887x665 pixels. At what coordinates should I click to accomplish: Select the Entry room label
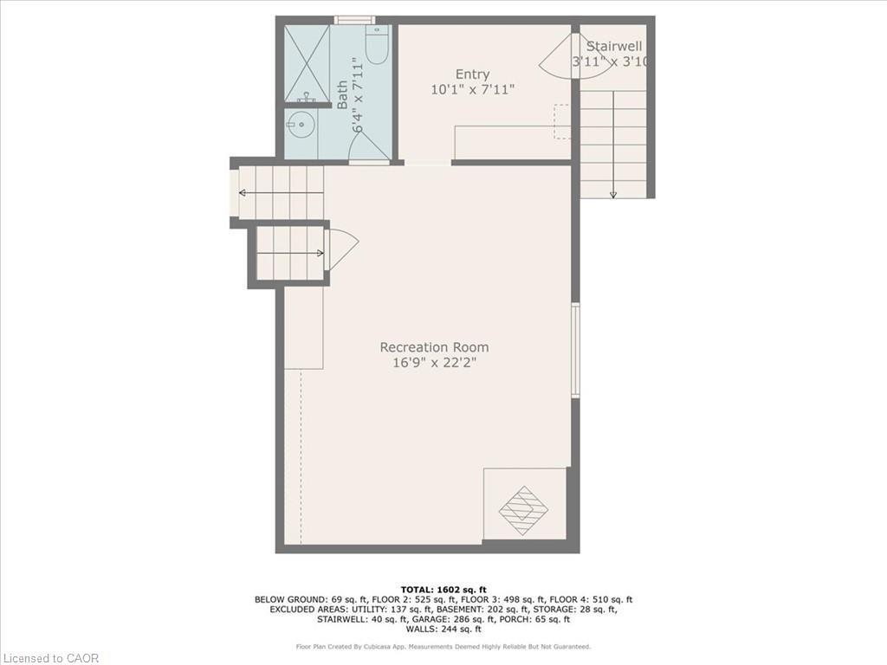pos(472,74)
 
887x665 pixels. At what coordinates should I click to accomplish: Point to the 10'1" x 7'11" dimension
pos(472,89)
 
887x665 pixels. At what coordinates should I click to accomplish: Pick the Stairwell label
pos(614,46)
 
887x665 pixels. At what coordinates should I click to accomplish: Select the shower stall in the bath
pos(307,62)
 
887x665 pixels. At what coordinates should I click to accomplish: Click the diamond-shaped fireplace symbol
pos(523,510)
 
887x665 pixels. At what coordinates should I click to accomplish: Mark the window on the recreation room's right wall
pos(575,350)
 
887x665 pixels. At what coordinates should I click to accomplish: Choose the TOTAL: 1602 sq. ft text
pos(443,589)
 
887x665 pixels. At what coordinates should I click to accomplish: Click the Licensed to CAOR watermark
pos(50,657)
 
